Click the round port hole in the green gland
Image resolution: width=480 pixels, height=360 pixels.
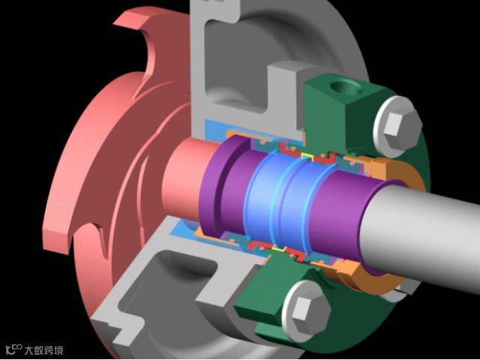346,88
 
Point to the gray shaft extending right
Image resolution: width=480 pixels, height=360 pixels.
422,232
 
